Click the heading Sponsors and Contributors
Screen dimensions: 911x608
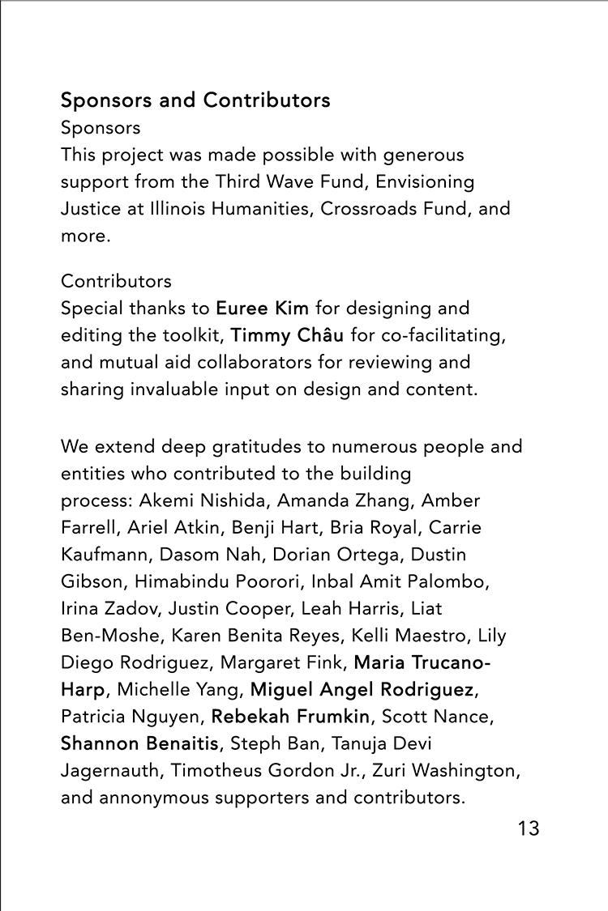[x=195, y=100]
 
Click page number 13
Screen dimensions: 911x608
[x=528, y=828]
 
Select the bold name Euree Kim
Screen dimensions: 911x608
[x=262, y=309]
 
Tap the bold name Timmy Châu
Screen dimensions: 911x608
[x=287, y=335]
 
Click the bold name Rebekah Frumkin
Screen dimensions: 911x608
[x=290, y=716]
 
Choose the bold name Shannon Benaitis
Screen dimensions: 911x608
[x=139, y=743]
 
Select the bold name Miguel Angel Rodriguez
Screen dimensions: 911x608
[x=362, y=689]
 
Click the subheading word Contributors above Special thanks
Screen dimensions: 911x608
[x=116, y=281]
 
